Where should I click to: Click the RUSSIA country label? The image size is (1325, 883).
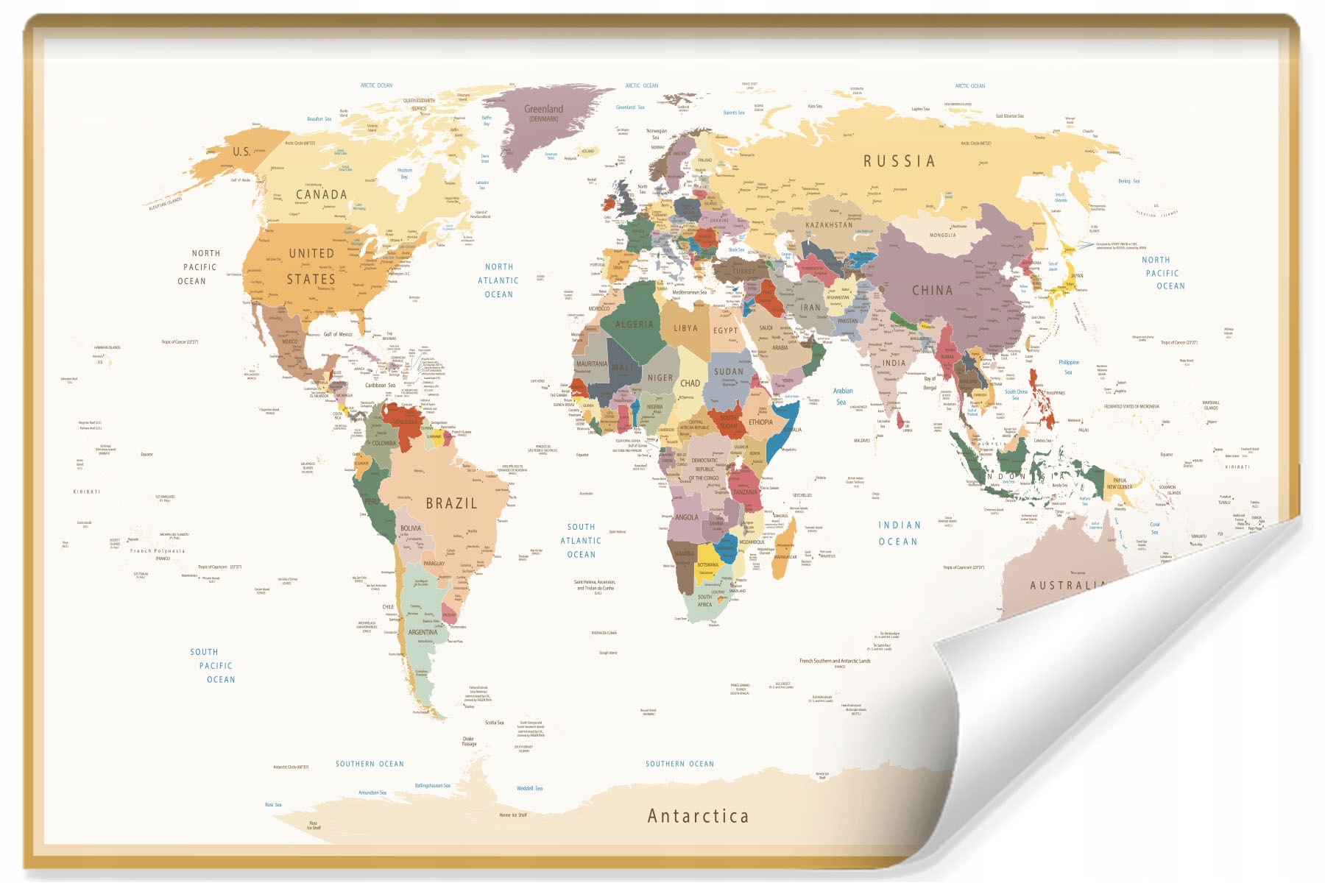click(x=899, y=161)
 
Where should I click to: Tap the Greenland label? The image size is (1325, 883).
click(x=543, y=110)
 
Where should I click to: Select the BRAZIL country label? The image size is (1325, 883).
click(x=451, y=504)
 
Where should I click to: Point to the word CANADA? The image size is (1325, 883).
click(x=321, y=195)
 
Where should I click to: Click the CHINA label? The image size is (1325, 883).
click(x=932, y=291)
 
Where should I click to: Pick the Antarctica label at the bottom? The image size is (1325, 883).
click(x=698, y=816)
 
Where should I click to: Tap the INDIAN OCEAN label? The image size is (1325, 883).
click(x=899, y=533)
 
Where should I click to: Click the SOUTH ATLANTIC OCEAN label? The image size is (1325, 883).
click(x=581, y=541)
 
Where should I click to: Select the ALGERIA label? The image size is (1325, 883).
click(x=634, y=325)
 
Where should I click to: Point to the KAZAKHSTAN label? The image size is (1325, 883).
click(x=829, y=225)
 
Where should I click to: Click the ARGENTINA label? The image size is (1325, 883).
click(x=423, y=632)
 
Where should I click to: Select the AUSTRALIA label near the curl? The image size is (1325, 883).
click(x=1067, y=586)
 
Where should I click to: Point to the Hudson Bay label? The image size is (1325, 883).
click(x=404, y=173)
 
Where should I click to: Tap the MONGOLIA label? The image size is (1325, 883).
click(x=942, y=235)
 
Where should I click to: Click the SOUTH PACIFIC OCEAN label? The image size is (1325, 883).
click(x=213, y=666)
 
